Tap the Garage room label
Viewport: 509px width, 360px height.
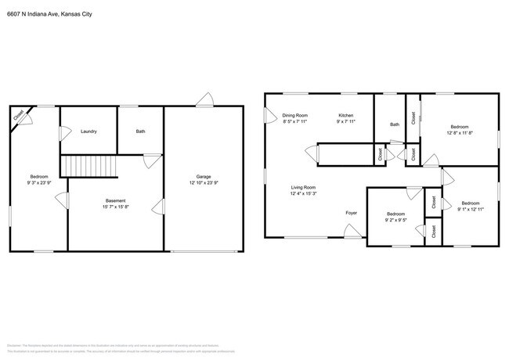(x=203, y=176)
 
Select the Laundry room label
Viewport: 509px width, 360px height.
(x=88, y=131)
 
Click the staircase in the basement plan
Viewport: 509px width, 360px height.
(x=88, y=166)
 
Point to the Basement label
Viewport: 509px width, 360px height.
(x=115, y=200)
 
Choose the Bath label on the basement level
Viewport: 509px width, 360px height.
(x=140, y=131)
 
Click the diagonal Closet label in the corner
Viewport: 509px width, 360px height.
(x=18, y=115)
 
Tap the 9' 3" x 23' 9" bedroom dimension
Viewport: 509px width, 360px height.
(x=39, y=182)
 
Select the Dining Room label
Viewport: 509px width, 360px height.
(x=295, y=115)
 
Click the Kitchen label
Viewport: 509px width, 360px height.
(x=345, y=115)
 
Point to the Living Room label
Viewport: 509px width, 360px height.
(x=303, y=187)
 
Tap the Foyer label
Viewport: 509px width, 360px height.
(x=352, y=212)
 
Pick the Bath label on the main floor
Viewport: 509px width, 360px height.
(x=395, y=124)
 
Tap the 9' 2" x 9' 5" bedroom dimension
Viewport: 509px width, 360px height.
(x=395, y=220)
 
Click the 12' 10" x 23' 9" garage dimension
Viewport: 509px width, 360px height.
(x=203, y=182)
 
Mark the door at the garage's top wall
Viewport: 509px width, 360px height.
(x=205, y=99)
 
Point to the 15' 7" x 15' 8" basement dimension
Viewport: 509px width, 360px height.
(x=115, y=207)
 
